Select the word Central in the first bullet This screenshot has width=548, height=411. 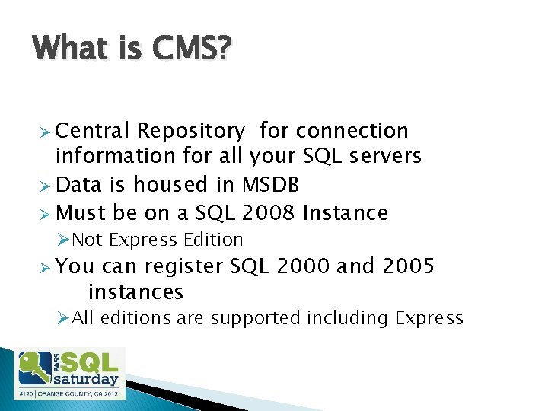point(93,131)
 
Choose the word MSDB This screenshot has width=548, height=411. point(270,184)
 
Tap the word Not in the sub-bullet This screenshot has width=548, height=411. point(88,240)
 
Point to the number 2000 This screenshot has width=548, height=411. point(304,266)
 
